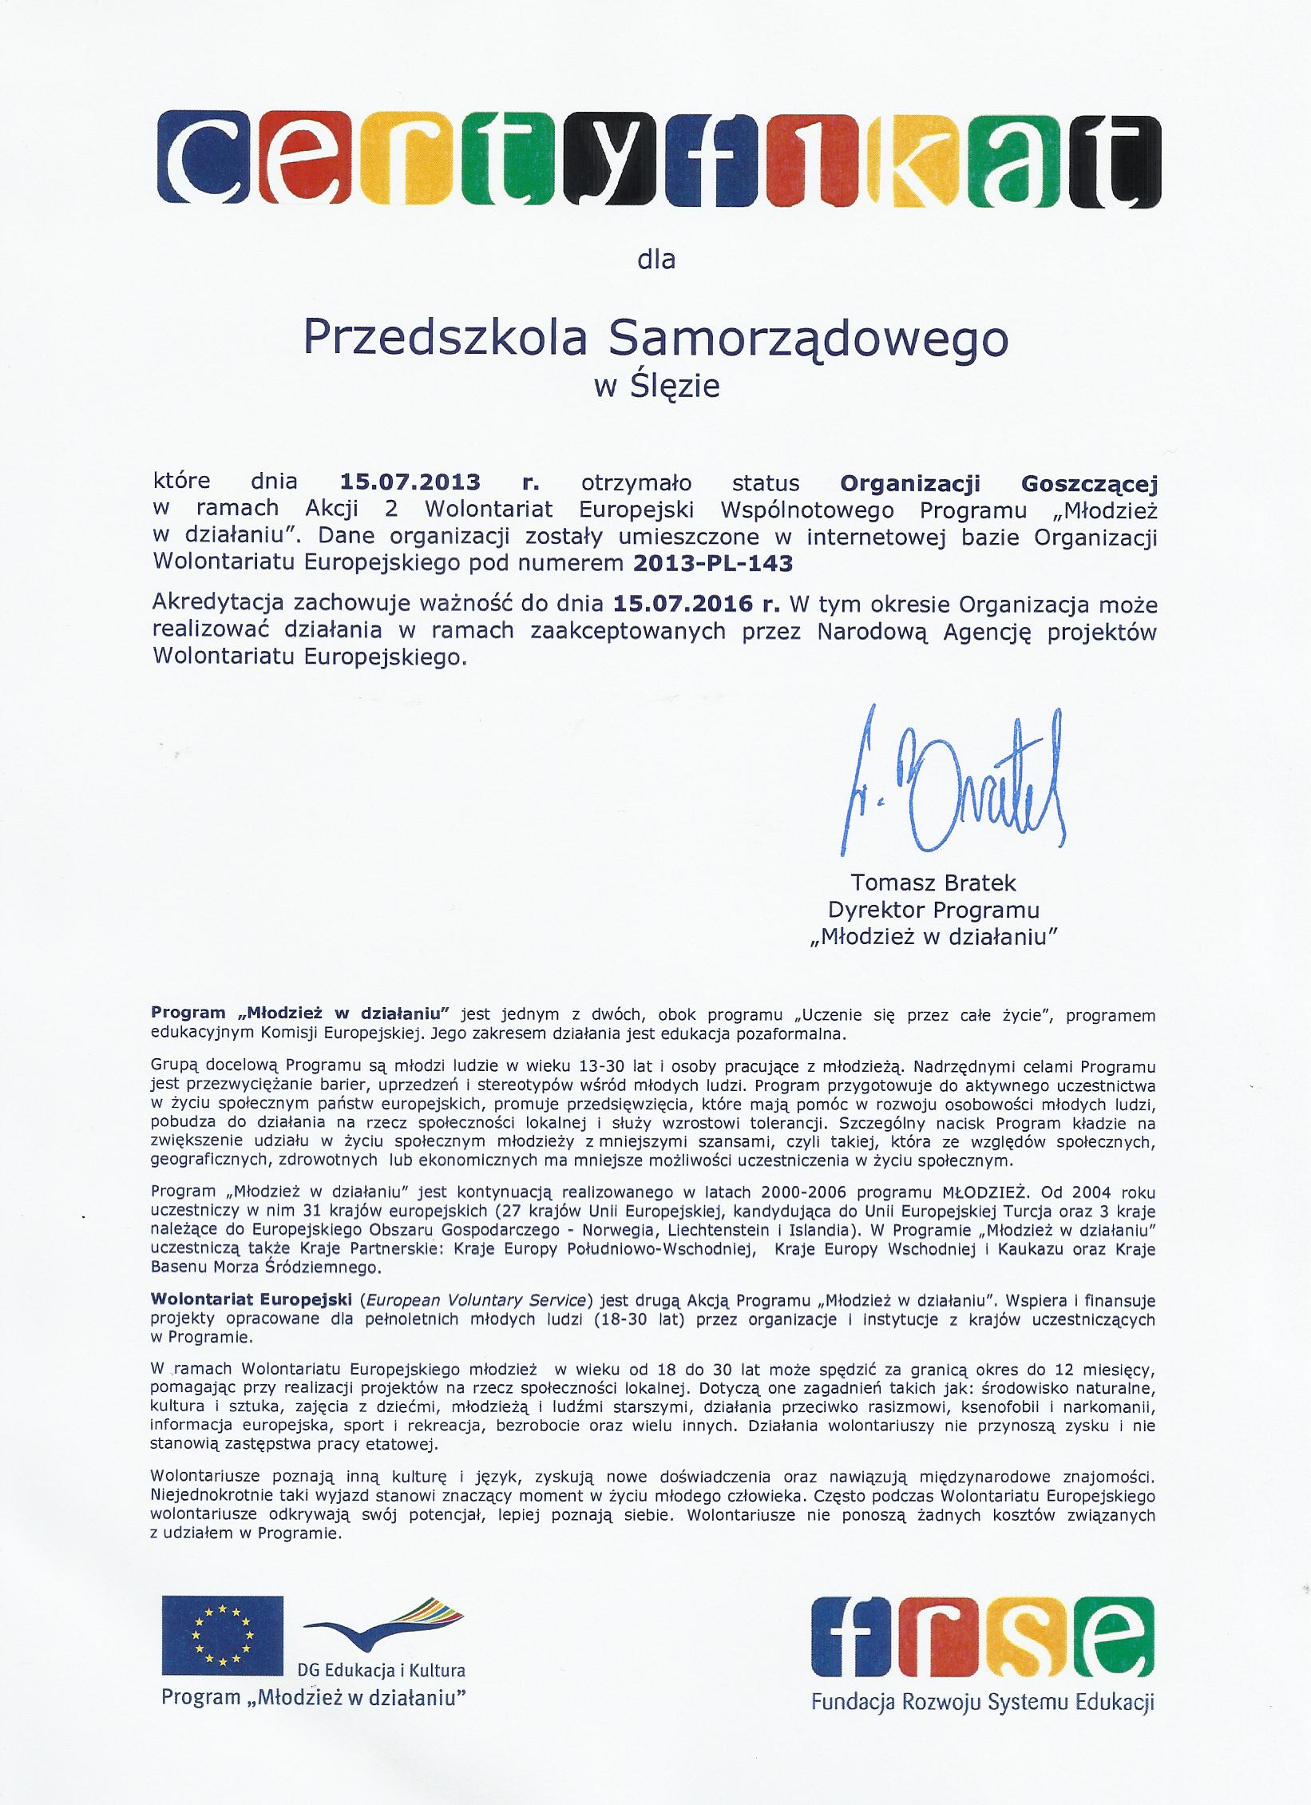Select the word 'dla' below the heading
click(655, 260)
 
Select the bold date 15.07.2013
click(411, 482)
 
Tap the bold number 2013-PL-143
click(714, 563)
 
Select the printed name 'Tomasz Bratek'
click(934, 883)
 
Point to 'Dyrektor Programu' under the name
click(934, 910)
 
